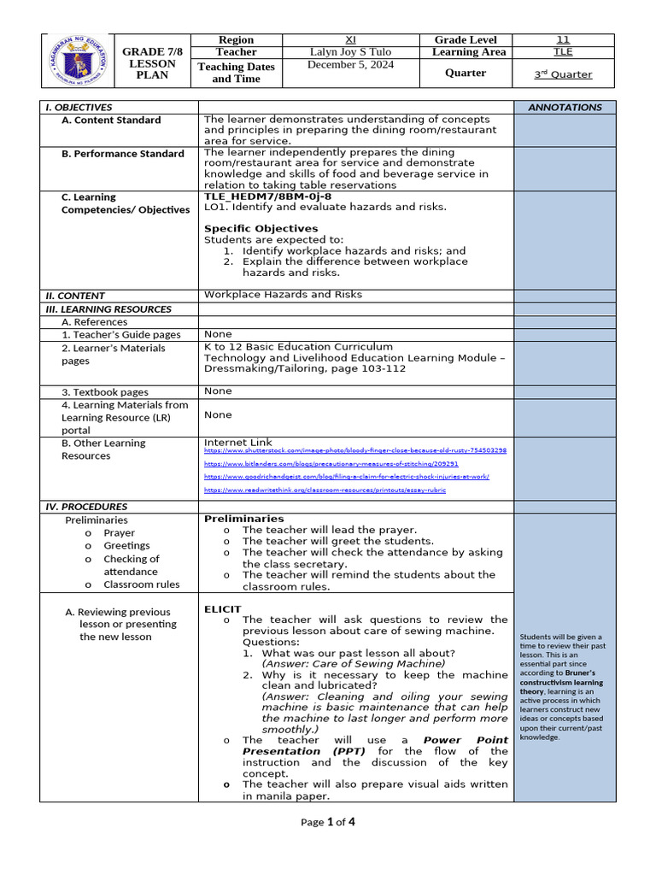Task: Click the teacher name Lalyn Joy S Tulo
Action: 350,52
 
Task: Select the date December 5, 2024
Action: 350,65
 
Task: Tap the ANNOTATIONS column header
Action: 565,108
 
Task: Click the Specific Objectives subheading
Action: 261,228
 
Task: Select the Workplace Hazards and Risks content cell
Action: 283,295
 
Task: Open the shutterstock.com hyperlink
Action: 354,450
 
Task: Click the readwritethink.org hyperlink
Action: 325,490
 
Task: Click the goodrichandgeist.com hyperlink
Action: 346,477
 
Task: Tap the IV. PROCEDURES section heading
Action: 86,507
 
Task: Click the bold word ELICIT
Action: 222,609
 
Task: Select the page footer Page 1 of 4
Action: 328,822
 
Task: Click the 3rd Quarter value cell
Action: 563,74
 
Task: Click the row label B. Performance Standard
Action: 122,154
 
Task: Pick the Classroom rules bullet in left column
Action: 141,584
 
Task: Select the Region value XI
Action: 350,40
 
